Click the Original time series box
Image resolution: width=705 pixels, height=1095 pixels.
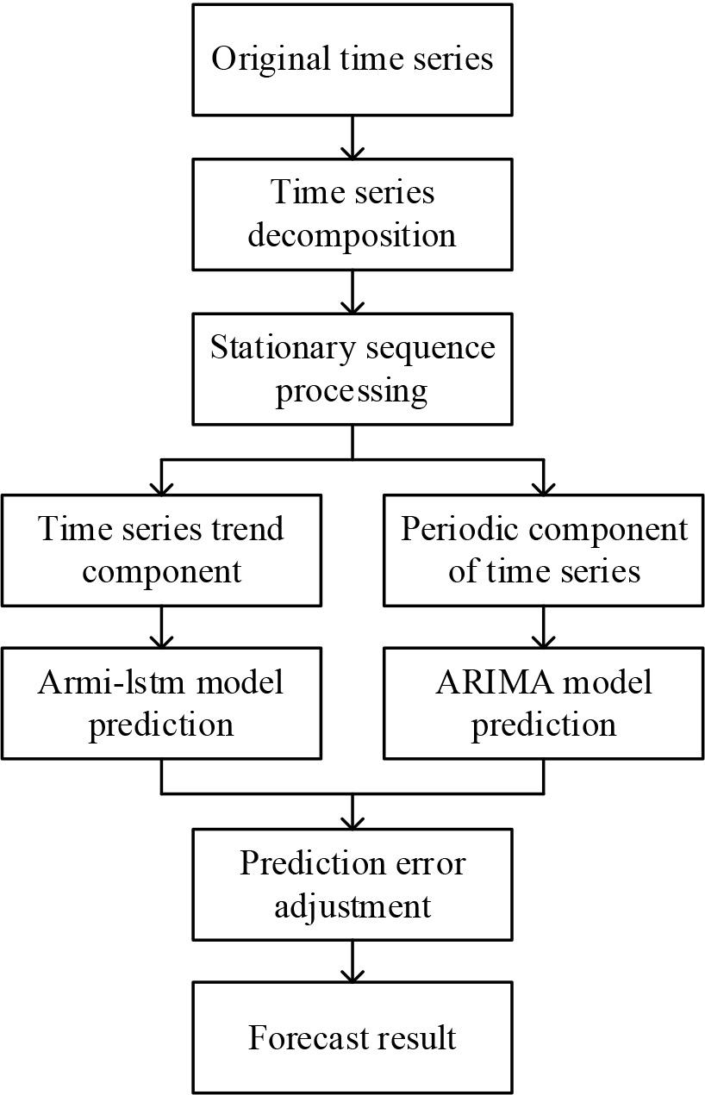pyautogui.click(x=352, y=59)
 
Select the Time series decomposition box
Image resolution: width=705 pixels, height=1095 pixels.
pyautogui.click(x=352, y=214)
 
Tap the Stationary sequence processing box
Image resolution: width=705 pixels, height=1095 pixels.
pyautogui.click(x=352, y=369)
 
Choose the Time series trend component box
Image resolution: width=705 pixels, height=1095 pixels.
pyautogui.click(x=161, y=550)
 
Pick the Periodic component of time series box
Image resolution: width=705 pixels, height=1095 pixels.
pyautogui.click(x=544, y=550)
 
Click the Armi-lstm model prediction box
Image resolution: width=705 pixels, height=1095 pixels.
pyautogui.click(x=161, y=703)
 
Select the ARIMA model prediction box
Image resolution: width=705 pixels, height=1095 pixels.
pyautogui.click(x=544, y=703)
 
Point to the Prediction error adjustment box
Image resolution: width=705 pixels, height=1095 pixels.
pyautogui.click(x=352, y=884)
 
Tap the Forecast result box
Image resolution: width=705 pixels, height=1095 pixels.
pyautogui.click(x=352, y=1038)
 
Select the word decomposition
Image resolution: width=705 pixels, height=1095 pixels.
pyautogui.click(x=352, y=234)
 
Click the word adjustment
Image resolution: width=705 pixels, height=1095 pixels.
pyautogui.click(x=352, y=905)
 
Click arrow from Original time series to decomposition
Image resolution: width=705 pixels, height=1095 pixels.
pyautogui.click(x=352, y=138)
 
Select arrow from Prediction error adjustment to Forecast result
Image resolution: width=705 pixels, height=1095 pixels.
pyautogui.click(x=352, y=961)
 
